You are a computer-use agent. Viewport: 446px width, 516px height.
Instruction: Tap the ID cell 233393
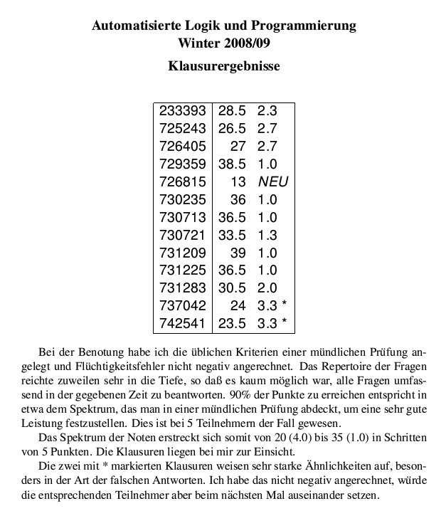tap(183, 111)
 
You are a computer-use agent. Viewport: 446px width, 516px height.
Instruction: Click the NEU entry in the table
tap(273, 181)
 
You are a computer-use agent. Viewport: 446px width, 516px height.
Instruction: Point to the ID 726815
tap(183, 181)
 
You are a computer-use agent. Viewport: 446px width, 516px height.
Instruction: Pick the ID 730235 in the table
tap(183, 199)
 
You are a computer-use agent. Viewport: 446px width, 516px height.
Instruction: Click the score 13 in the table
tap(238, 181)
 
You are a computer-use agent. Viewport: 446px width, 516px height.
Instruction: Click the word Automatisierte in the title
tap(134, 27)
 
